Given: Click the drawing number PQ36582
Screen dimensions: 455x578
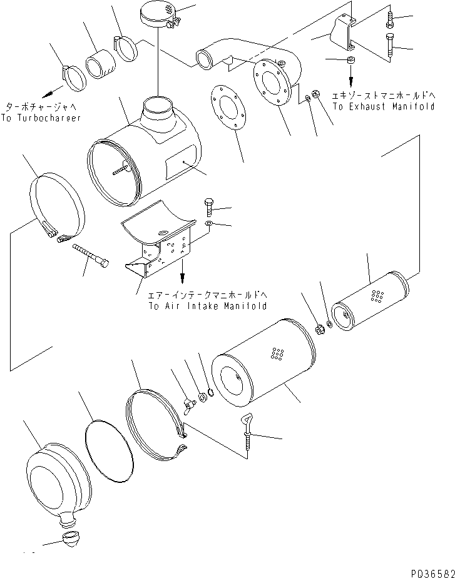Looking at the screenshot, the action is (433, 572).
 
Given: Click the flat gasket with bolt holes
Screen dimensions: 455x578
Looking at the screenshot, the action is (228, 107).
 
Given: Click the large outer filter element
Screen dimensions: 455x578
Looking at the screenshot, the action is (263, 363).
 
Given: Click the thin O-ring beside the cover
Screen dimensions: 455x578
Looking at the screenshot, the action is (108, 450).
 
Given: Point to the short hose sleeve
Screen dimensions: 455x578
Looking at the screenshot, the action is (100, 64).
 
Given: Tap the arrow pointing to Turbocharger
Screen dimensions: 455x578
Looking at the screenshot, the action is (52, 92).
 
